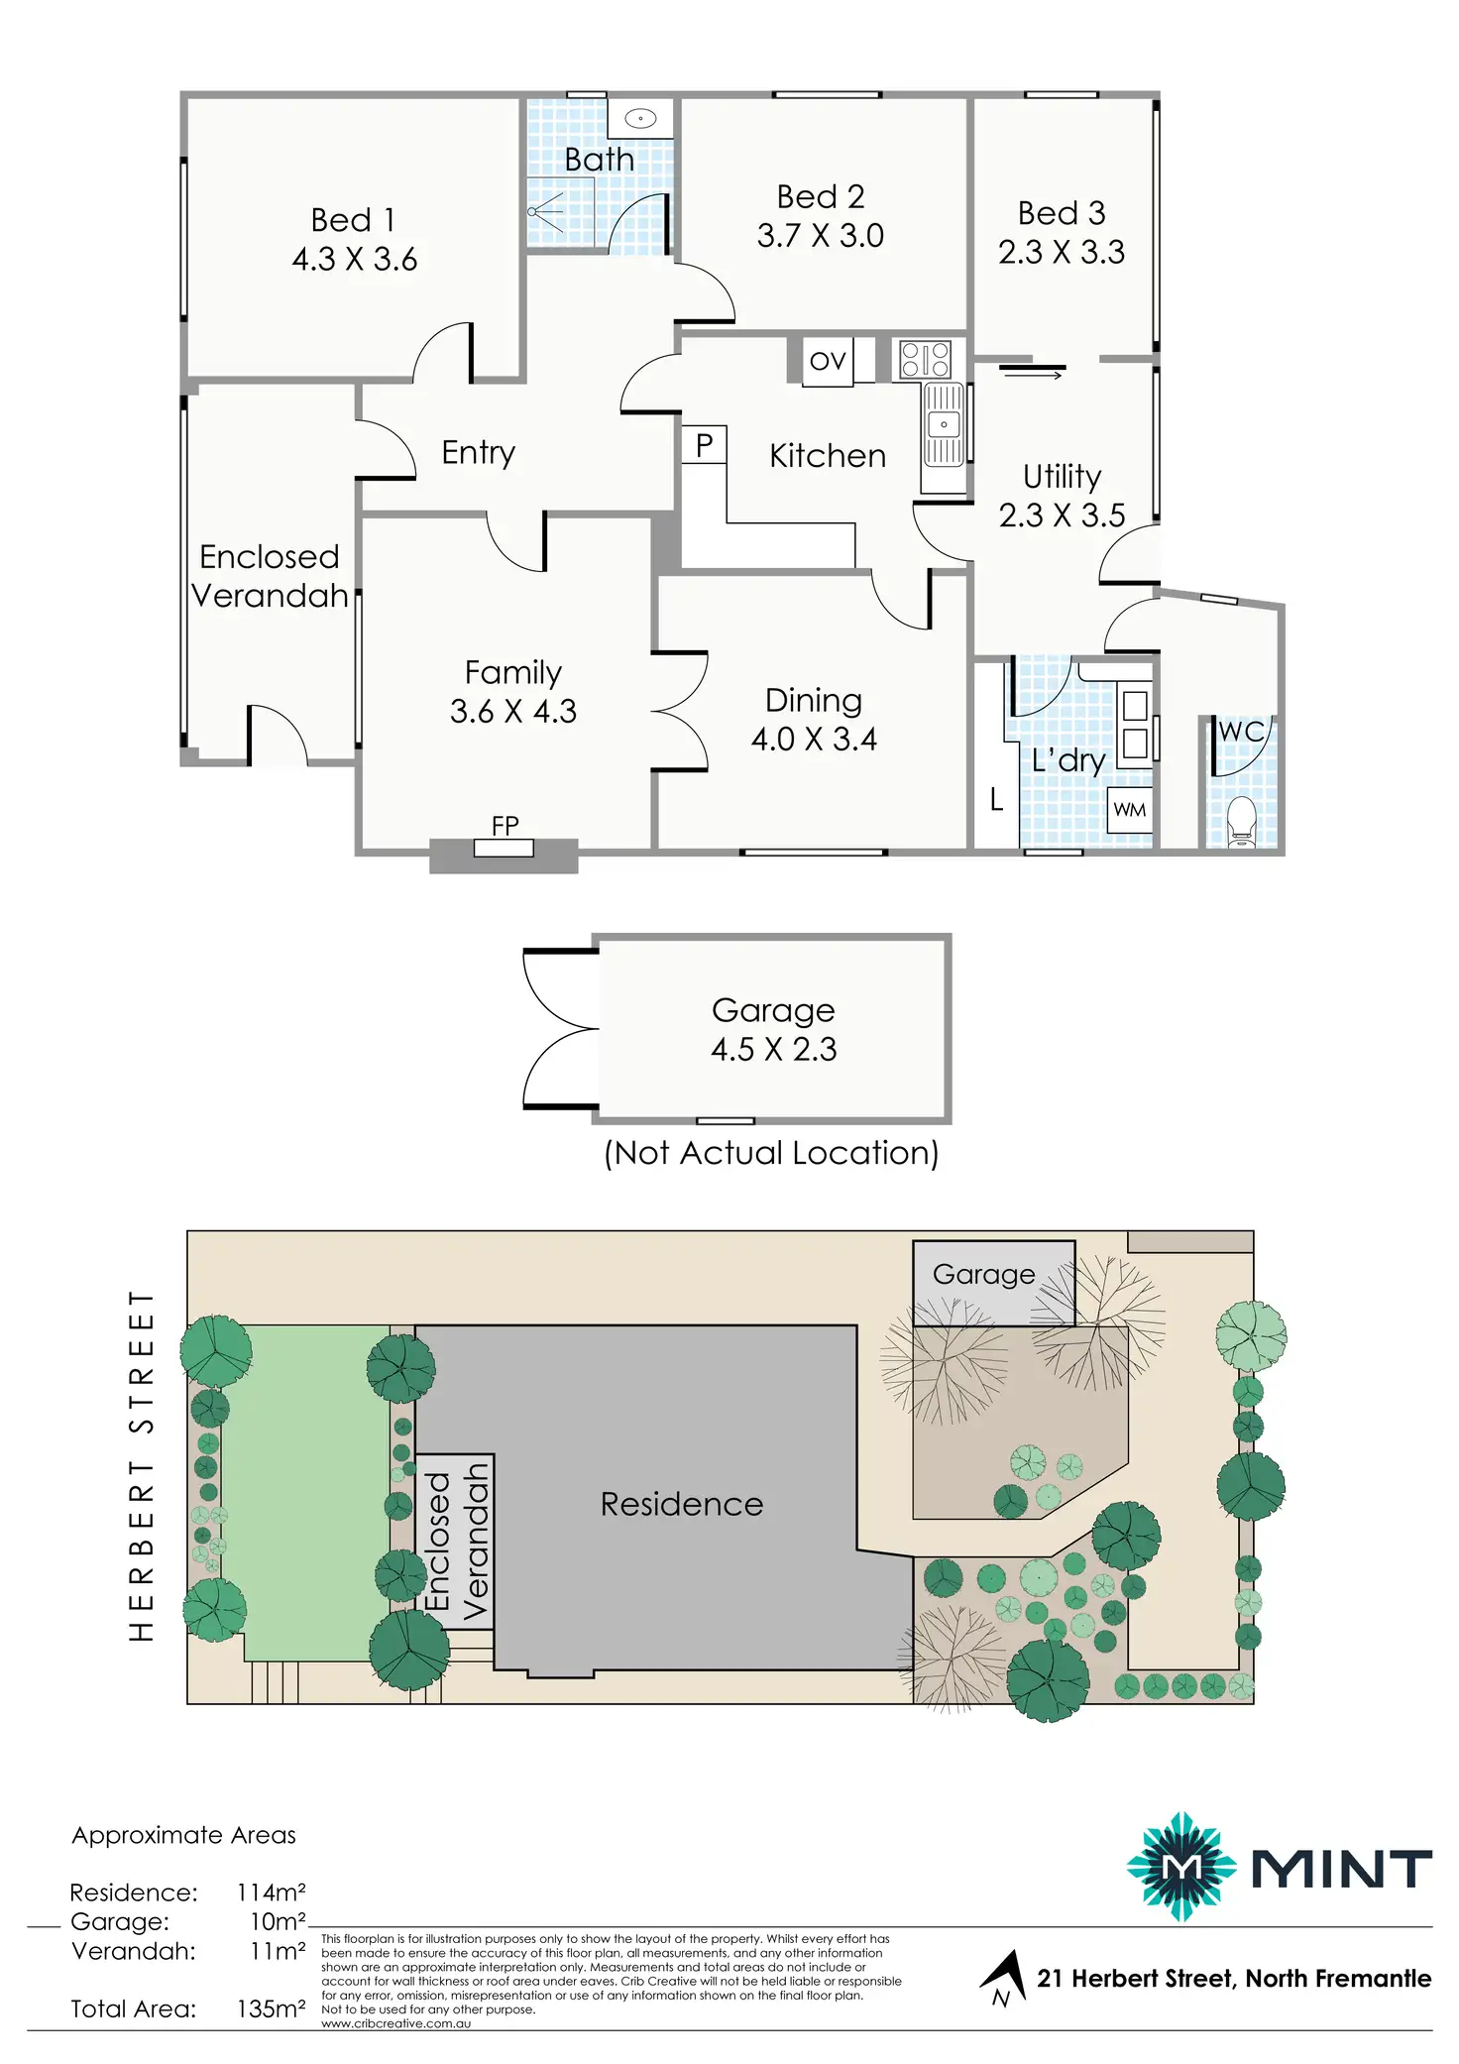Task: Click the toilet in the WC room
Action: [x=1241, y=821]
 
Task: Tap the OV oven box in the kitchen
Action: [x=828, y=361]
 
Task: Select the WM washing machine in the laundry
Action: [x=1129, y=810]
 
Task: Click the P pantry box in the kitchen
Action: [x=704, y=445]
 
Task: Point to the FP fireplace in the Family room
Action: [x=504, y=848]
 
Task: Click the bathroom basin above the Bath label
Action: [x=640, y=119]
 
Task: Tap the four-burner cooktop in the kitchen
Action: [x=925, y=359]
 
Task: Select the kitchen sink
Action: [x=944, y=425]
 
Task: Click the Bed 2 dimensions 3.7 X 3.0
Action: [x=820, y=236]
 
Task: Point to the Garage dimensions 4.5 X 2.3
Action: [x=773, y=1049]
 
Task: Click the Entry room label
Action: [x=478, y=452]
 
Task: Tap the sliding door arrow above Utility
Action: [x=1032, y=374]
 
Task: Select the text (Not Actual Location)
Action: [x=771, y=1153]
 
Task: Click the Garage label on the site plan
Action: [x=983, y=1274]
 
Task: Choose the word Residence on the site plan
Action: [x=682, y=1504]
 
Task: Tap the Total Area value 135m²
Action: [x=271, y=2008]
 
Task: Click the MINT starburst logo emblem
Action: [x=1180, y=1867]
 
